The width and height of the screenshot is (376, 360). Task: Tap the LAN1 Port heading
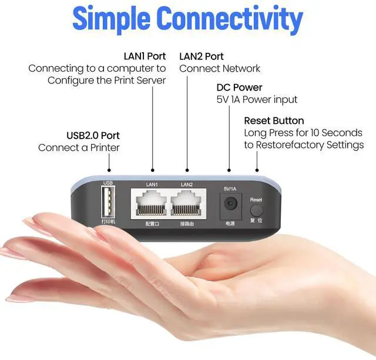(145, 56)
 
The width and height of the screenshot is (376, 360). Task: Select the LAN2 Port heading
(202, 56)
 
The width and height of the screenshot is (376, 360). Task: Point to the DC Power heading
(239, 88)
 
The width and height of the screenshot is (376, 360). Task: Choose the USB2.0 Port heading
(93, 136)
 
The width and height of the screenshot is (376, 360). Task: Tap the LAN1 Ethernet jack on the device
(152, 204)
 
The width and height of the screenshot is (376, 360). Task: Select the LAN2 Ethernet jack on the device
(187, 204)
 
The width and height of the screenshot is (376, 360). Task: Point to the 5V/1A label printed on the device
(230, 189)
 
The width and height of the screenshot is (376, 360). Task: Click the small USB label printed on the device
(108, 183)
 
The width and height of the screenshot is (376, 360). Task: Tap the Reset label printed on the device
(256, 200)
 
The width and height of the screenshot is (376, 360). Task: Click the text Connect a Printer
(79, 148)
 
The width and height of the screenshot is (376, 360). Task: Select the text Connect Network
(220, 69)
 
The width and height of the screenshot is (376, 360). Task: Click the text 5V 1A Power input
(257, 100)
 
